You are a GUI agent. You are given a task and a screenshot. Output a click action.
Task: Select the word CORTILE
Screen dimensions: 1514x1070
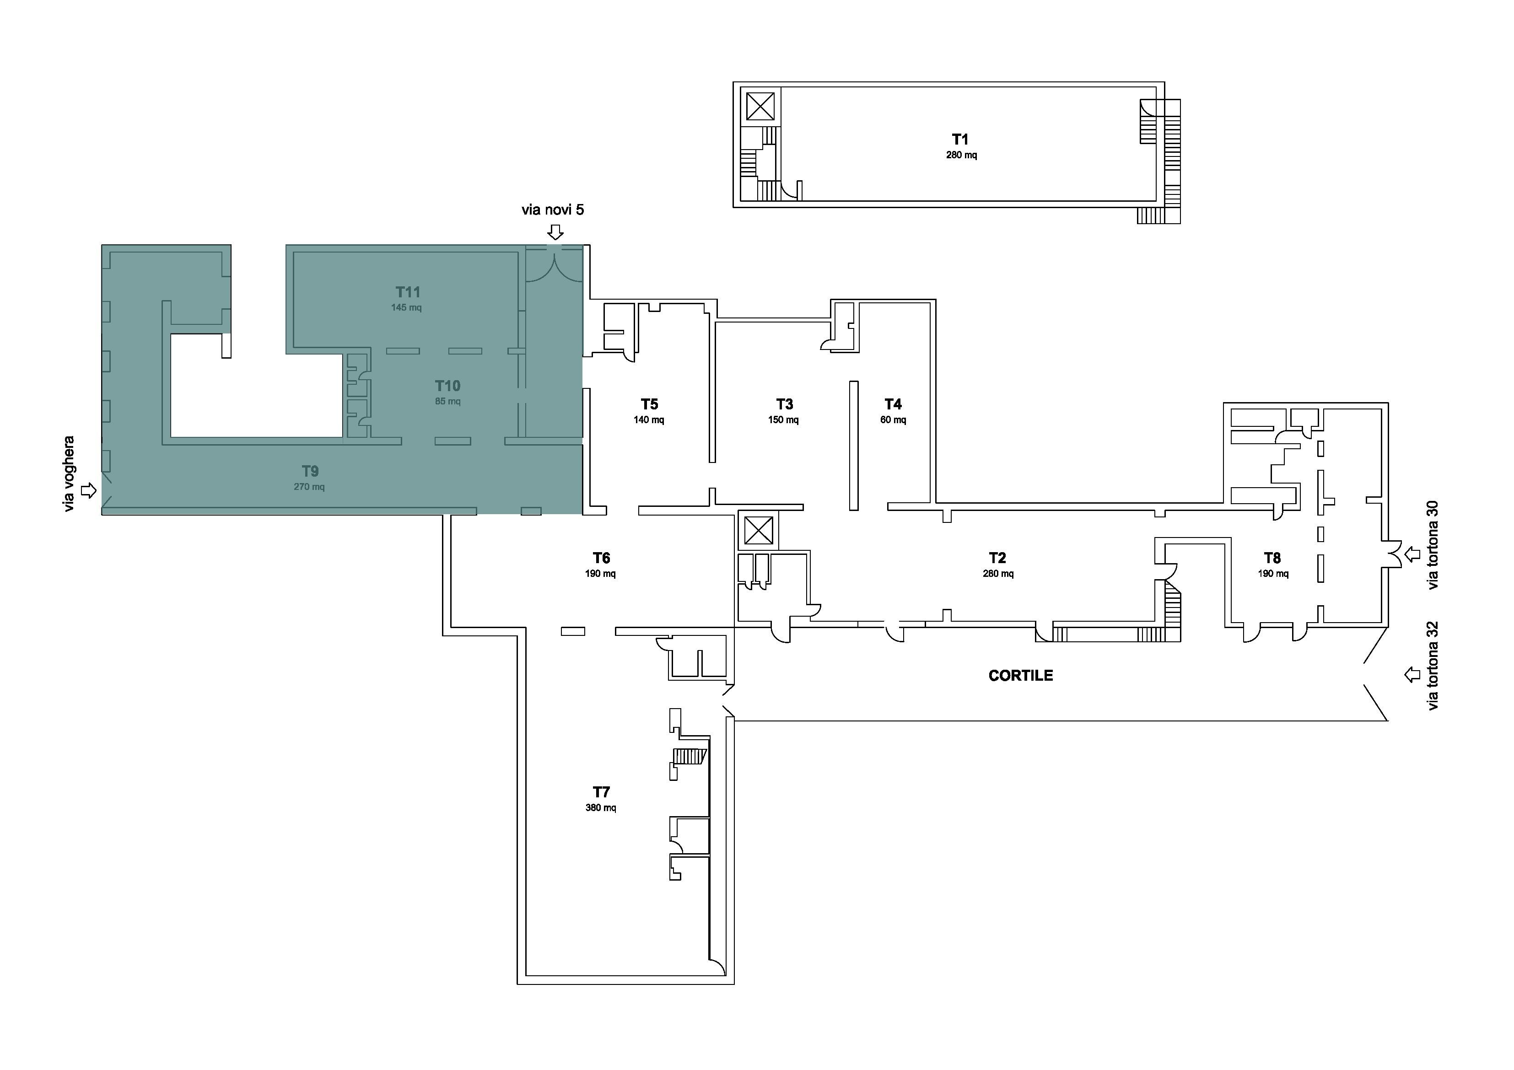coord(1021,675)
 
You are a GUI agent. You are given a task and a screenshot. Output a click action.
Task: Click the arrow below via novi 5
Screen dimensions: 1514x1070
coord(556,232)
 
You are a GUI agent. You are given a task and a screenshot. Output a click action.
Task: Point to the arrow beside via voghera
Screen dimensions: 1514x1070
coord(88,490)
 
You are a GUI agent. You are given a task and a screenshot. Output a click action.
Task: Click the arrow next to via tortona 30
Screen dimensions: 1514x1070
coord(1412,554)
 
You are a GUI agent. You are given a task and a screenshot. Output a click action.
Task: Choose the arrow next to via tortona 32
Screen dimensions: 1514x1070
coord(1412,674)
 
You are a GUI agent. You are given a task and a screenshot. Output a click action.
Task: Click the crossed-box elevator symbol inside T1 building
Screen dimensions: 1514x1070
coord(760,106)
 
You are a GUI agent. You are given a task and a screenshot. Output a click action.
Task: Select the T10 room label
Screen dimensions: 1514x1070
coord(448,386)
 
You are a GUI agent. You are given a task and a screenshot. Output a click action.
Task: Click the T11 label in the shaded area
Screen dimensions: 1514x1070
coord(408,292)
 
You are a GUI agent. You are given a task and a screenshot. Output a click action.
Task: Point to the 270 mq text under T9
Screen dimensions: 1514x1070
coord(309,487)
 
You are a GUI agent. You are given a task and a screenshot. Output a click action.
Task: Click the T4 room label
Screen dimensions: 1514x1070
coord(893,404)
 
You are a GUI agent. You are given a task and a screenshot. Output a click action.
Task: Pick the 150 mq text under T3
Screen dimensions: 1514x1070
coord(783,420)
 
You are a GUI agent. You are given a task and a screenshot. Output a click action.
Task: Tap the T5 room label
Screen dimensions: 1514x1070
coord(650,404)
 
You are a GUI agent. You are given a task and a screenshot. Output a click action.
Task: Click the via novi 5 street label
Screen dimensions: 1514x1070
coord(553,210)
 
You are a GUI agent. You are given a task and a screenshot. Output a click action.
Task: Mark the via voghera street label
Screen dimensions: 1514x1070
coord(69,474)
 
